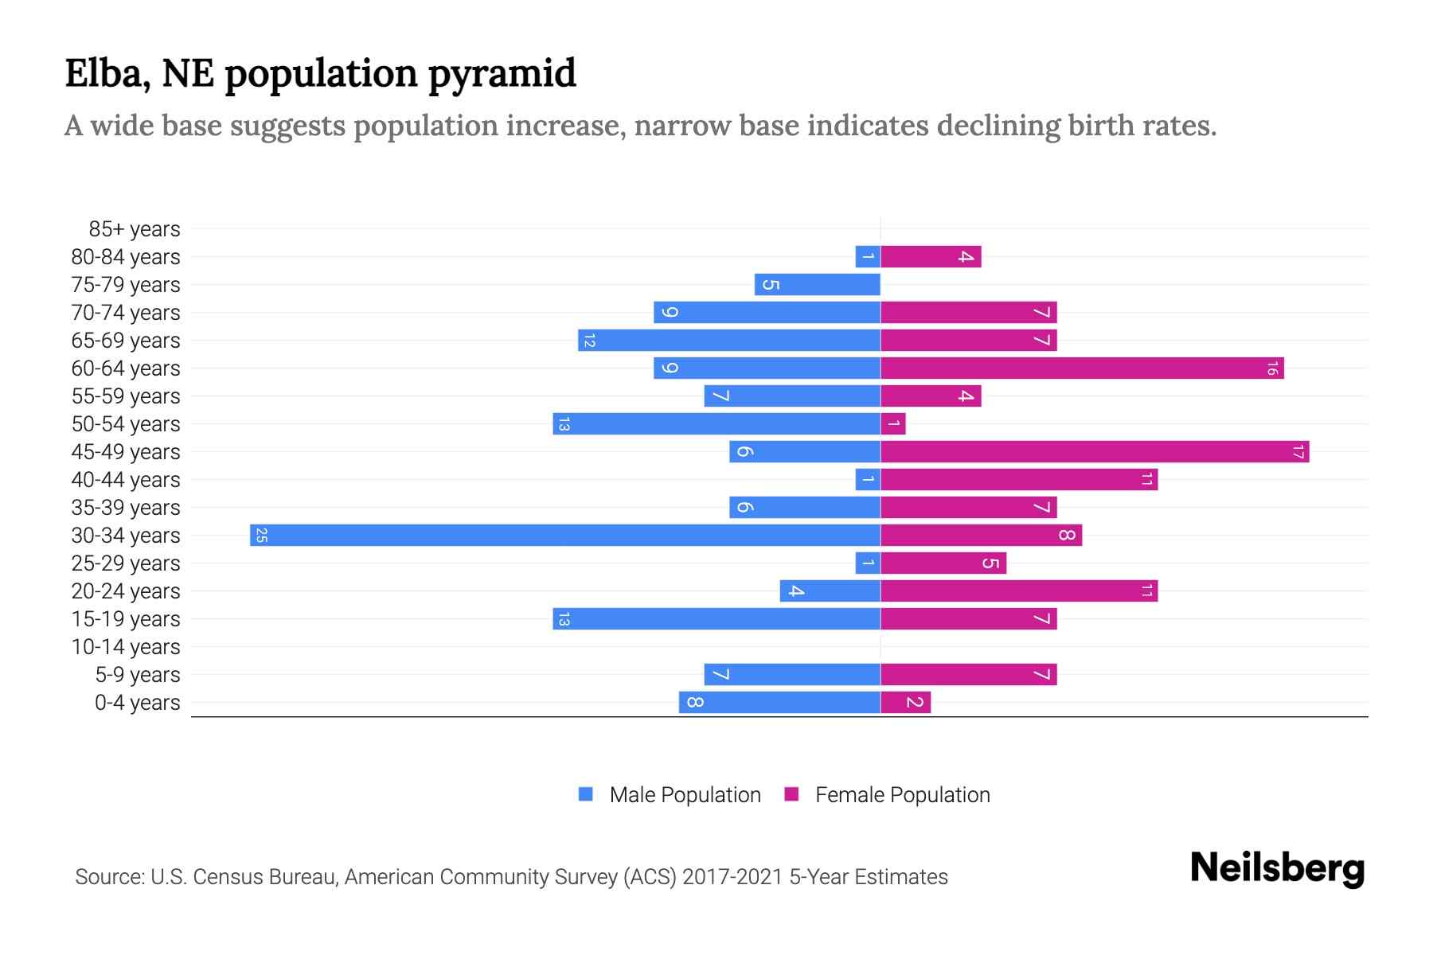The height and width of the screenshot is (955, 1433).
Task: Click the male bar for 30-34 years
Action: pyautogui.click(x=565, y=535)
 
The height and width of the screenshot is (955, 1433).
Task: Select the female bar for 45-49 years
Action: pyautogui.click(x=1095, y=451)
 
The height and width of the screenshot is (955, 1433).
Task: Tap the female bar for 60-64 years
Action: pyautogui.click(x=1082, y=368)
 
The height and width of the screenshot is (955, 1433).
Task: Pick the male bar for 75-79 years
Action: pyautogui.click(x=818, y=284)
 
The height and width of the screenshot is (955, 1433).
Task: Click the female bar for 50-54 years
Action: pyautogui.click(x=893, y=423)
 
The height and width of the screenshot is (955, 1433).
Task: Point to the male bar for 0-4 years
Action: pyautogui.click(x=779, y=702)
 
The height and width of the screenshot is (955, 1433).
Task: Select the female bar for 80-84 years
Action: pyautogui.click(x=931, y=256)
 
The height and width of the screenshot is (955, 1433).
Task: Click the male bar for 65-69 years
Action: pyautogui.click(x=729, y=340)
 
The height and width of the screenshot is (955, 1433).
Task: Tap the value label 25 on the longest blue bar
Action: pyautogui.click(x=261, y=536)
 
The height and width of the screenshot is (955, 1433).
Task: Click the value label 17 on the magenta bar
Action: pyautogui.click(x=1298, y=452)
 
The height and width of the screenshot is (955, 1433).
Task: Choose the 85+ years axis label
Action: pyautogui.click(x=134, y=229)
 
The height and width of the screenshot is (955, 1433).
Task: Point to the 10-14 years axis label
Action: pyautogui.click(x=126, y=647)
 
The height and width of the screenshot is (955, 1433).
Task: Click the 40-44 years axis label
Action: pyautogui.click(x=126, y=480)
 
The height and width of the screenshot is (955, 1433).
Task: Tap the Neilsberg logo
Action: pyautogui.click(x=1277, y=868)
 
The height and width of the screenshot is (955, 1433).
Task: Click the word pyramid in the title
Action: pyautogui.click(x=502, y=73)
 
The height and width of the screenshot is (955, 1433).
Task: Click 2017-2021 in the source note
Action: pyautogui.click(x=732, y=877)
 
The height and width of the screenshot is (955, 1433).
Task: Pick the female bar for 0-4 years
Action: pyautogui.click(x=905, y=702)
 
